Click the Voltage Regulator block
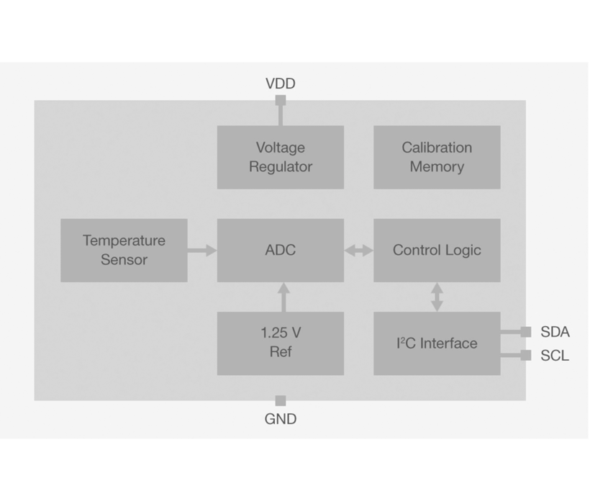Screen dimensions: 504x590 tap(281, 157)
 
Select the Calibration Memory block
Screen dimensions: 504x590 tap(437, 157)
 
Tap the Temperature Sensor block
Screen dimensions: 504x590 tap(124, 250)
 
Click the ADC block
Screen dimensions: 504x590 tap(281, 250)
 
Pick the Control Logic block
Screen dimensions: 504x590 tap(437, 250)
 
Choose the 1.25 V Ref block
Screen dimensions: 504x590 tap(281, 343)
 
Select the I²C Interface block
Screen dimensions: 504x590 tap(437, 343)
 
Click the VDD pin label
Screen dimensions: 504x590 tap(281, 84)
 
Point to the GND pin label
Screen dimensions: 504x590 tap(281, 419)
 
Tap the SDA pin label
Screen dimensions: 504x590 tap(555, 332)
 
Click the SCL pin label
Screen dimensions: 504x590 tap(555, 356)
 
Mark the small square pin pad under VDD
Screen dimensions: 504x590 tap(281, 101)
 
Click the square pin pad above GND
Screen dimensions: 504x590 tap(281, 401)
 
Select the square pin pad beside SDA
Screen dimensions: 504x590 tap(526, 332)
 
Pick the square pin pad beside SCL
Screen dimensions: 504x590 tap(526, 356)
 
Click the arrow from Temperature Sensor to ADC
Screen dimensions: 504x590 tap(202, 251)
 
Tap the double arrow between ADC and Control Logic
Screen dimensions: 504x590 tap(358, 251)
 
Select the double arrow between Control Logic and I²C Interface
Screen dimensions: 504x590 tap(437, 297)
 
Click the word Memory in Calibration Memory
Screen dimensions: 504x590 tap(437, 167)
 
